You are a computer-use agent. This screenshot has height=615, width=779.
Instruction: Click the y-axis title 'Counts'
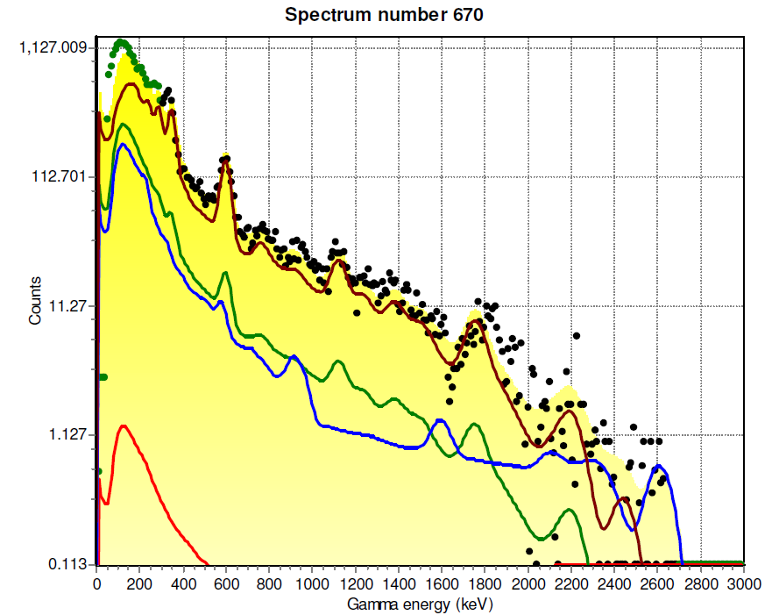click(35, 301)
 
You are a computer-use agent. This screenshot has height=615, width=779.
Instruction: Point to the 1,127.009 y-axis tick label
click(53, 47)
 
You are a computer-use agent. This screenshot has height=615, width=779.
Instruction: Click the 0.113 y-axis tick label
click(67, 564)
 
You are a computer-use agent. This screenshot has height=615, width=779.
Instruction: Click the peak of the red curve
click(124, 426)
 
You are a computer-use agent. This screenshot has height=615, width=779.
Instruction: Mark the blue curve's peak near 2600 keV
click(658, 466)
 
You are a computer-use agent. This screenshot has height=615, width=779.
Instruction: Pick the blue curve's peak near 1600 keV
click(441, 420)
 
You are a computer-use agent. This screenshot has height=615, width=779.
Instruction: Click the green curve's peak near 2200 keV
click(570, 510)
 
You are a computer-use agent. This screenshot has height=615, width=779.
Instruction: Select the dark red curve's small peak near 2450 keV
click(625, 499)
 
